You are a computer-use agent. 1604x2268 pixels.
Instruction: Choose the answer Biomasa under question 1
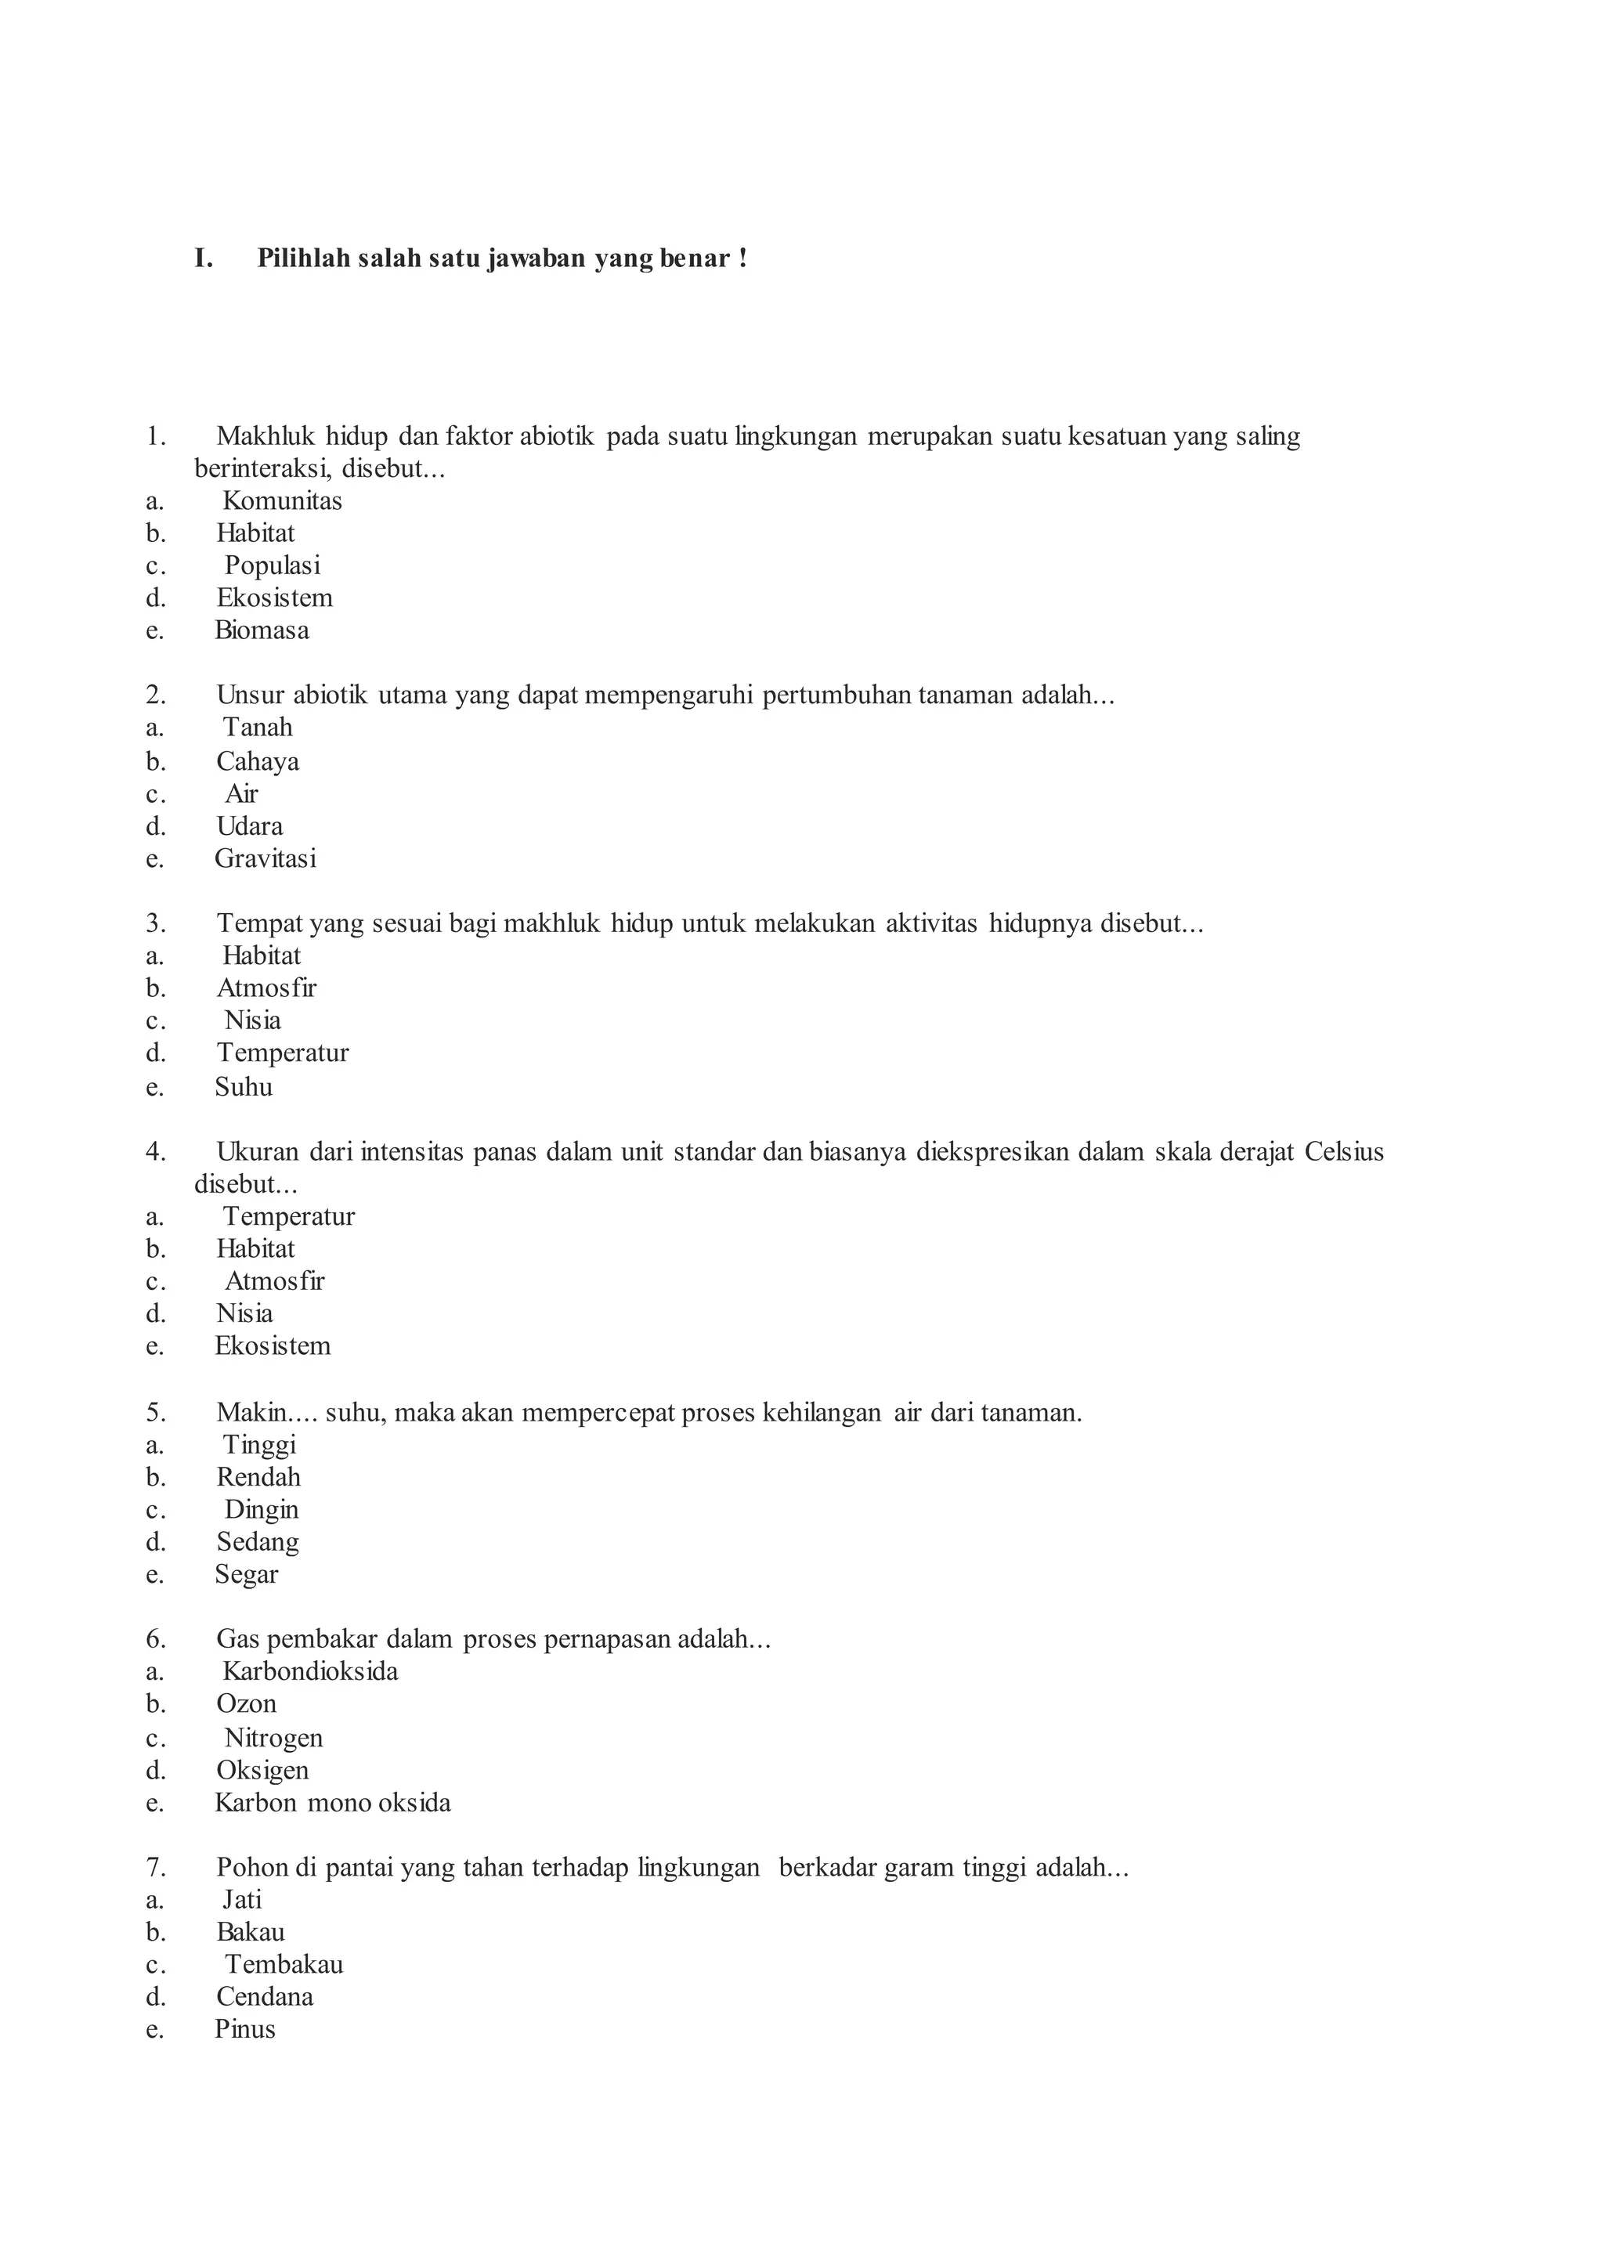262,630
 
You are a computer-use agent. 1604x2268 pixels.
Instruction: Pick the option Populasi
272,566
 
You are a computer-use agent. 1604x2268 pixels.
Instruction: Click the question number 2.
156,695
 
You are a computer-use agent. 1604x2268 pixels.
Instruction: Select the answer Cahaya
258,761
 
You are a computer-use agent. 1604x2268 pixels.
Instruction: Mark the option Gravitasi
266,858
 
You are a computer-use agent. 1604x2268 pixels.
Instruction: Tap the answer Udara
250,825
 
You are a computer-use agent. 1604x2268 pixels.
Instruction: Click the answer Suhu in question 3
244,1088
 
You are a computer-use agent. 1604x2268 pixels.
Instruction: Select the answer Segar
247,1575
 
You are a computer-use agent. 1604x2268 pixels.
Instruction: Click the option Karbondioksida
310,1671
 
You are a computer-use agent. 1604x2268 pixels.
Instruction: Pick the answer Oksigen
262,1770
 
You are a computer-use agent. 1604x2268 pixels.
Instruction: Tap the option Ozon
247,1704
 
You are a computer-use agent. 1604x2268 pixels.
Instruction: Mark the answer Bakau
251,1932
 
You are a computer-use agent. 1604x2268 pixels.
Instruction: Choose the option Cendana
265,1996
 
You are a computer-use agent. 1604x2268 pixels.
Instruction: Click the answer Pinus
245,2029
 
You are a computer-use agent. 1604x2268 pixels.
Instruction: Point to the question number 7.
156,1868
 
